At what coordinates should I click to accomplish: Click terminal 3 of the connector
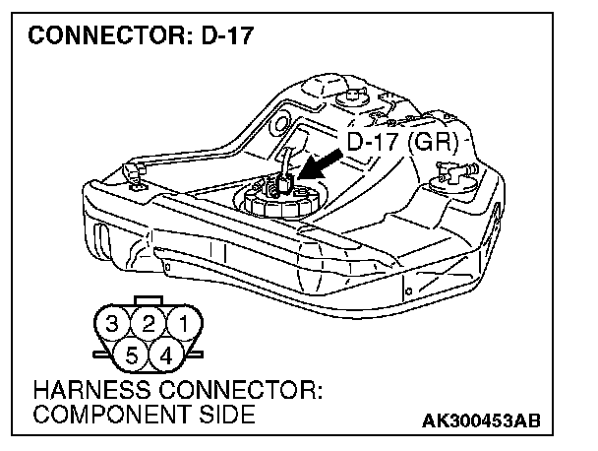point(115,323)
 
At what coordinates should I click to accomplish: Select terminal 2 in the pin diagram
point(149,323)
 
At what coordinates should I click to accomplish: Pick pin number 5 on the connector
point(132,352)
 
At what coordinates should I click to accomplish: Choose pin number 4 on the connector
point(165,352)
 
